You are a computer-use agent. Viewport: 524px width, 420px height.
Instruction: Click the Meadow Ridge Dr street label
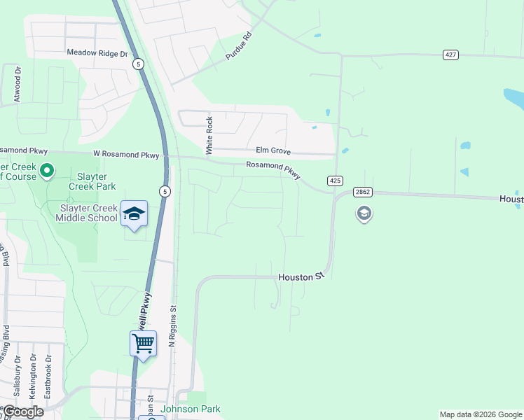[x=97, y=52]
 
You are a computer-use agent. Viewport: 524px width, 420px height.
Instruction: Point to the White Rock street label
[x=209, y=136]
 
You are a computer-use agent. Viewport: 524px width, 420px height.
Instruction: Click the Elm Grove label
[x=273, y=151]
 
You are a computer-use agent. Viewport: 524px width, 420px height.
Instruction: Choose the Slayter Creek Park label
[x=92, y=182]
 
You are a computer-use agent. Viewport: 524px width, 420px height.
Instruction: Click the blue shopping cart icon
[x=143, y=344]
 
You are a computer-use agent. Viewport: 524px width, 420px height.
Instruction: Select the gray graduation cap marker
[x=364, y=213]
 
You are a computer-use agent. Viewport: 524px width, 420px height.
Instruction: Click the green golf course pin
[x=47, y=170]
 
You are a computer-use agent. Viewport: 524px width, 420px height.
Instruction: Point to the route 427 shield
[x=450, y=54]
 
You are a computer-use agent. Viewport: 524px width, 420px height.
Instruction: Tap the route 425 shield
[x=335, y=181]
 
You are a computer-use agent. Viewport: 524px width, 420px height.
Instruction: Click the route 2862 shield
[x=362, y=192]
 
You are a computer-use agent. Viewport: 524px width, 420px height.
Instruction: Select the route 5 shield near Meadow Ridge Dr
[x=139, y=64]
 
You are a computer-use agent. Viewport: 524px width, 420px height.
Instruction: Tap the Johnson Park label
[x=191, y=409]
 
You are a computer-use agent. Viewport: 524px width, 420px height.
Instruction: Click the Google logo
[x=24, y=412]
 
